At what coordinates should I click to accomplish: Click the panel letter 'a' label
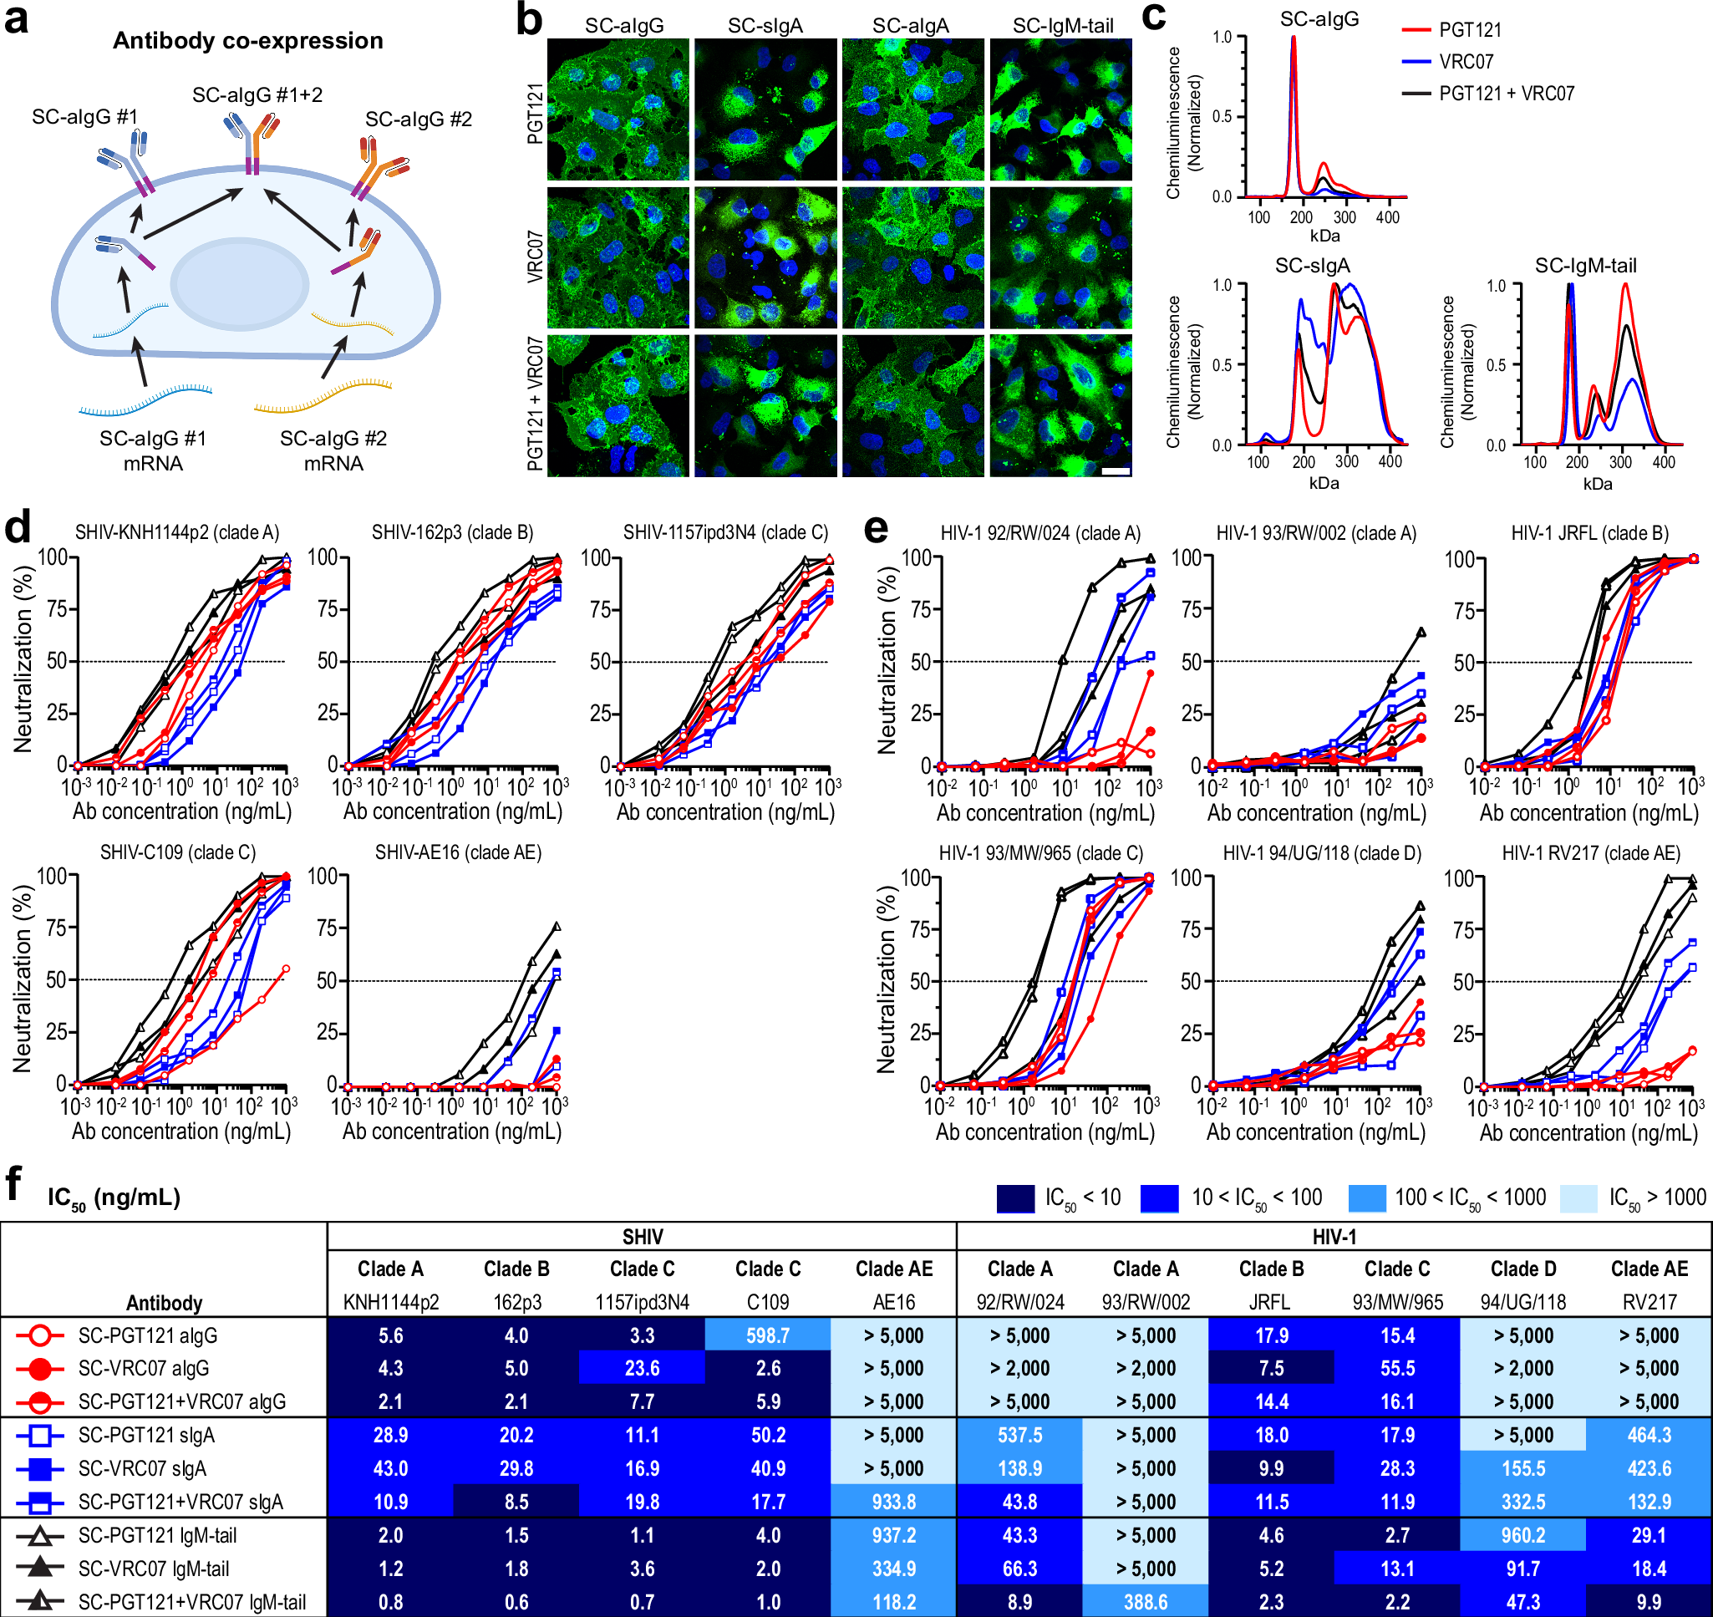[x=16, y=19]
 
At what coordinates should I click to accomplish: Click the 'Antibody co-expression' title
[x=247, y=40]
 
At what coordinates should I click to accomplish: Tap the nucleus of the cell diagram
[x=240, y=283]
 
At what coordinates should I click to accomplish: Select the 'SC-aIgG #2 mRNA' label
[x=333, y=450]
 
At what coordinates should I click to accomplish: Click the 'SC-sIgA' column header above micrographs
[x=765, y=26]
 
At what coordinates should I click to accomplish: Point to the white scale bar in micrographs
[x=1115, y=471]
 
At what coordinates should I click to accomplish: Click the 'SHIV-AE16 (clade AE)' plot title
[x=458, y=852]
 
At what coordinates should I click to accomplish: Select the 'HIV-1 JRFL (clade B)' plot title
[x=1589, y=532]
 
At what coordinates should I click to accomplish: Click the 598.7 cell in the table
[x=767, y=1335]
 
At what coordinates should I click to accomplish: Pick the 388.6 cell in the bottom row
[x=1145, y=1601]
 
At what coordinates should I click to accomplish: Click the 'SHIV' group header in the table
[x=642, y=1237]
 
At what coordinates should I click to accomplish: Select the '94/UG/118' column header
[x=1522, y=1301]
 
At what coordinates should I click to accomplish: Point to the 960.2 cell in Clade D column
[x=1522, y=1535]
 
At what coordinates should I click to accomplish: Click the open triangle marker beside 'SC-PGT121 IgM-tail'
[x=39, y=1535]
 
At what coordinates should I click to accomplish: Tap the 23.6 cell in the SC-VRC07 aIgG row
[x=642, y=1368]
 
